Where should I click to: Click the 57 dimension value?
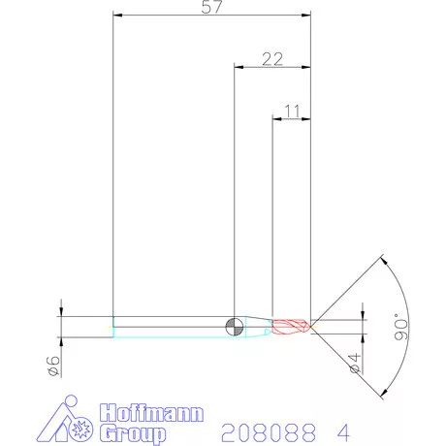[211, 7]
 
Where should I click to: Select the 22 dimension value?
[272, 58]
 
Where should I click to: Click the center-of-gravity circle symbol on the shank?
[234, 326]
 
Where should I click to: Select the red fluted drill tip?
[291, 326]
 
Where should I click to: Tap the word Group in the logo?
[132, 433]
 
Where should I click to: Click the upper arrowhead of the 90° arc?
[385, 260]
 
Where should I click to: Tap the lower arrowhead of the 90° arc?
[385, 391]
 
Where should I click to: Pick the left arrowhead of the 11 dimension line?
[276, 119]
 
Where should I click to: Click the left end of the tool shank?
[114, 326]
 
